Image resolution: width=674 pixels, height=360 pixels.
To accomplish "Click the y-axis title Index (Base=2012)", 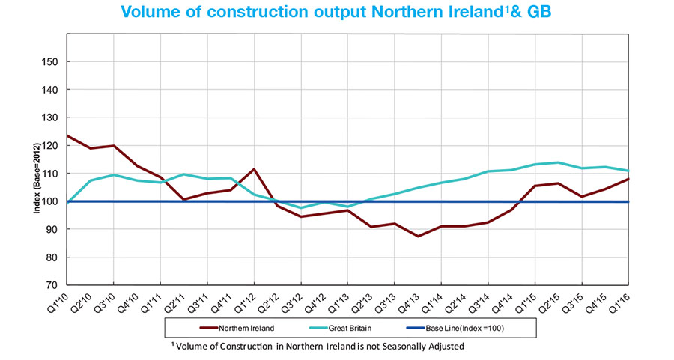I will [x=35, y=173].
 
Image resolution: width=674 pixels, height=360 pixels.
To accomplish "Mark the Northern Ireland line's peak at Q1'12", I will [x=254, y=169].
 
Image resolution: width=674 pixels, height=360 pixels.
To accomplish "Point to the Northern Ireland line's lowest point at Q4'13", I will [x=419, y=237].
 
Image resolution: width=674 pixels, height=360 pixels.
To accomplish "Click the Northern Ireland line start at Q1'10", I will [x=67, y=135].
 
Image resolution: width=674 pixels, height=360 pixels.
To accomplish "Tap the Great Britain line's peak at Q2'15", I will [x=559, y=162].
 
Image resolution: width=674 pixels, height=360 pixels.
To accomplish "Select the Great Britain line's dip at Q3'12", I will [x=301, y=208].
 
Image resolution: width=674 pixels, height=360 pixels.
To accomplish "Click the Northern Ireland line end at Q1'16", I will [x=628, y=179].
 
